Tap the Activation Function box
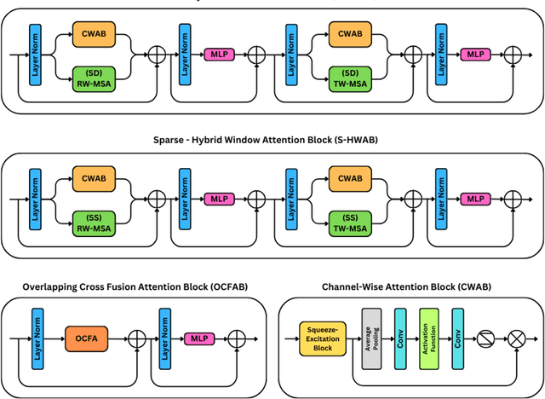click(428, 339)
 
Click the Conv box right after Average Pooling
click(399, 339)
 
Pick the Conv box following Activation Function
click(457, 339)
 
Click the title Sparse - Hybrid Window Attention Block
click(272, 139)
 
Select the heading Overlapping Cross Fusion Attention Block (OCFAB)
click(124, 285)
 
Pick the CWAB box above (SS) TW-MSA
click(351, 179)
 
